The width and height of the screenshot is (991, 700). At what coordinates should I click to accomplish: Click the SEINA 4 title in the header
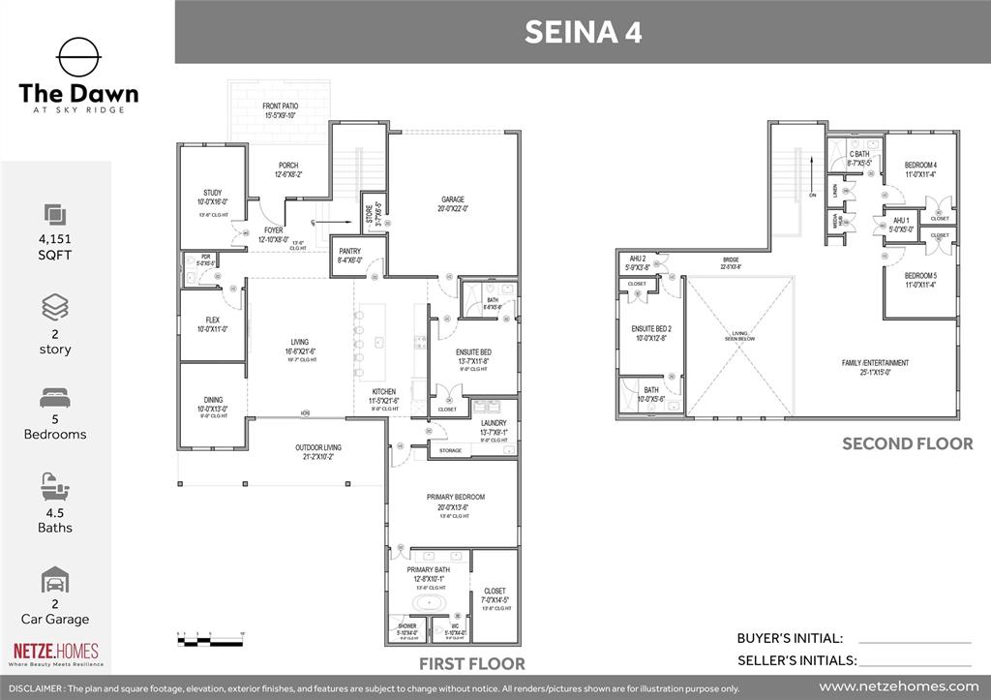point(582,32)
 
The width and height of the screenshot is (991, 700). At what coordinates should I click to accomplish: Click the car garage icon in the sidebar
point(55,582)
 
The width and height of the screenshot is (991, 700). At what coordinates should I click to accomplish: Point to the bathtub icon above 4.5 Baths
point(55,486)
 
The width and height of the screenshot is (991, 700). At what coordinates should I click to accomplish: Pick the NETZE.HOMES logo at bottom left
point(55,654)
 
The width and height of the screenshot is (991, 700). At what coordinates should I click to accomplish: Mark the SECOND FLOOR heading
point(907,443)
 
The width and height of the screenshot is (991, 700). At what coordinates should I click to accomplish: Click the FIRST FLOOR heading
point(471,664)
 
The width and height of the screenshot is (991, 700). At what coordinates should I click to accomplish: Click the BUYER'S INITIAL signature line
point(914,641)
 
